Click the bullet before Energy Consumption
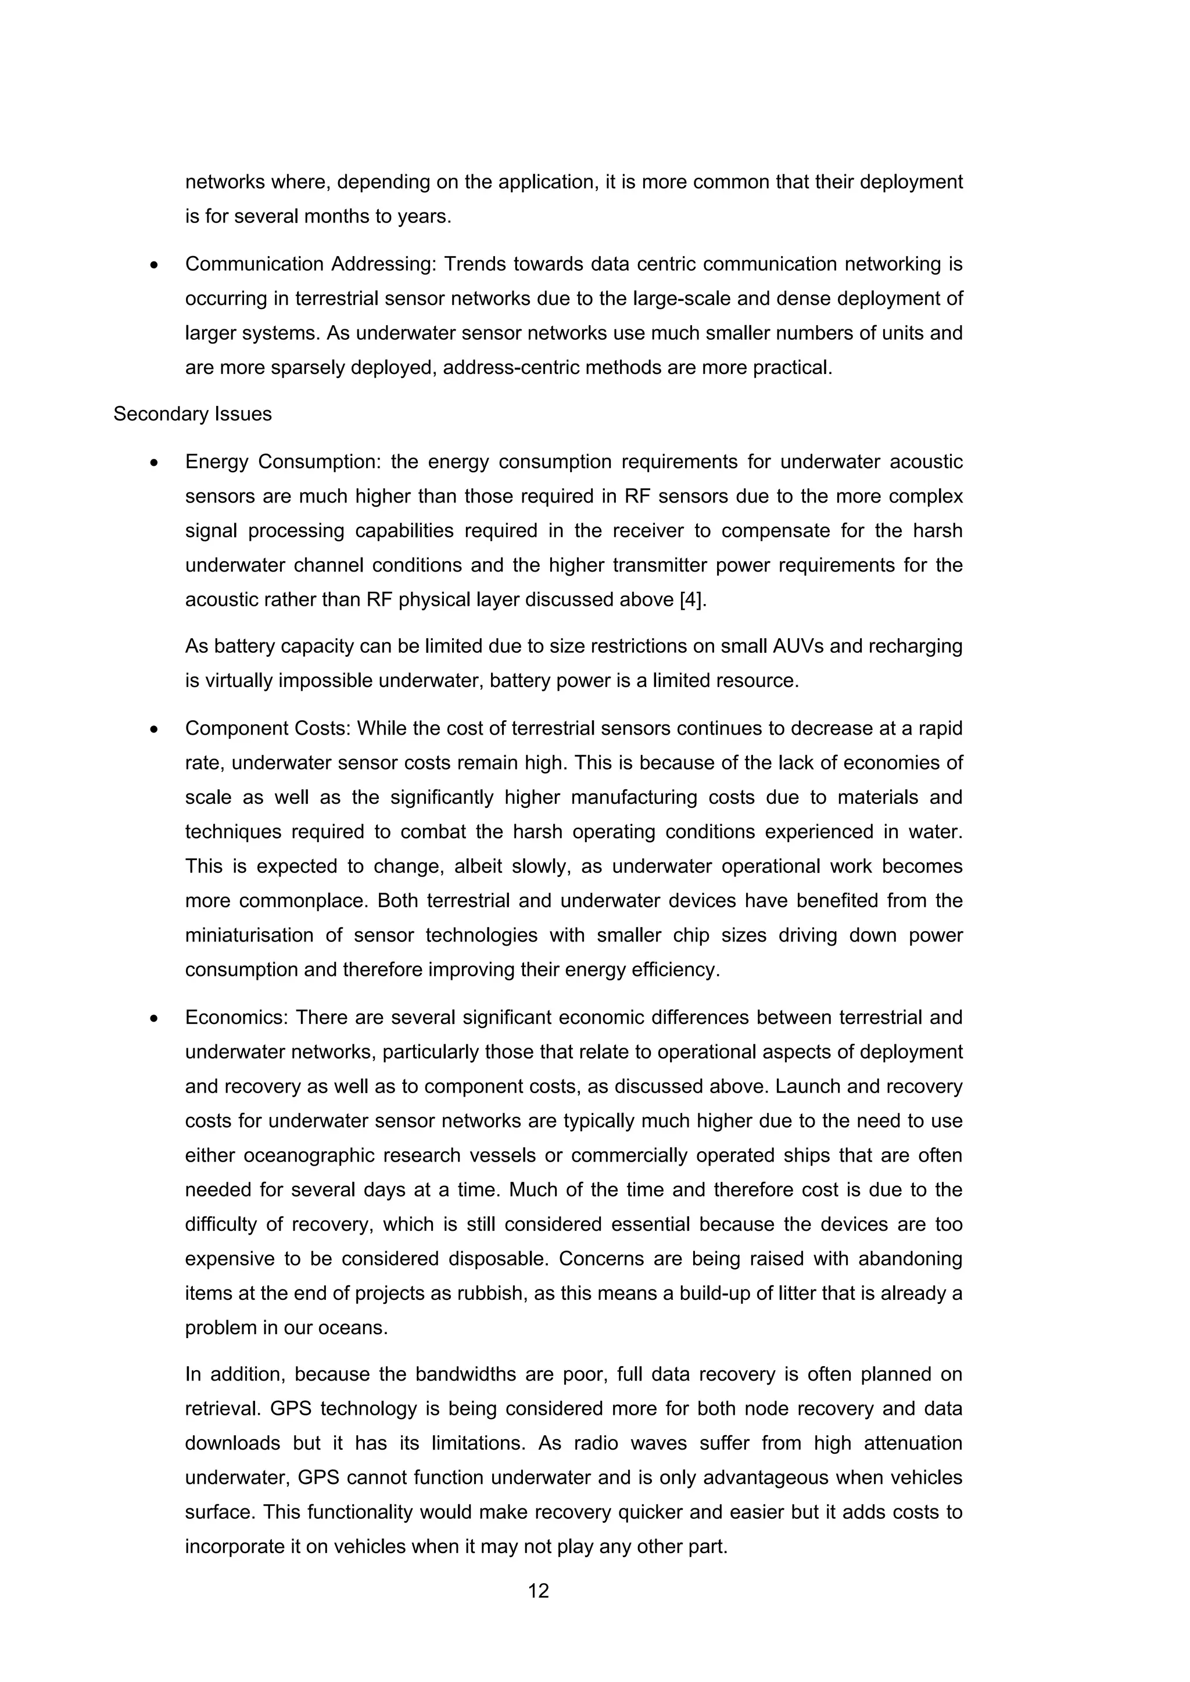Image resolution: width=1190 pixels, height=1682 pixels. [x=154, y=463]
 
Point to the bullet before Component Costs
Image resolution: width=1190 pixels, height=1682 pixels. [x=154, y=729]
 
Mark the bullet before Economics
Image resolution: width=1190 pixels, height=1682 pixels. [x=154, y=1018]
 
